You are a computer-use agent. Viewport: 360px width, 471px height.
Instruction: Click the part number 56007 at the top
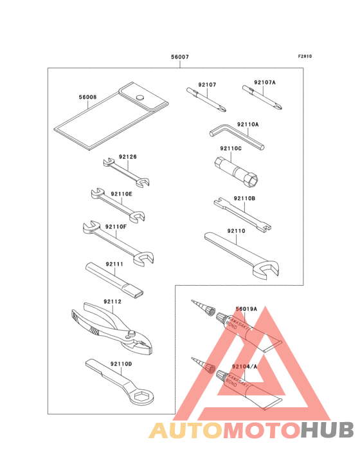[180, 57]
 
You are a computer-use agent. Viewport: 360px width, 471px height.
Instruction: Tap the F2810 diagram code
[305, 56]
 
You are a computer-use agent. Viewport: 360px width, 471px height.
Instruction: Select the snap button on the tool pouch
[139, 97]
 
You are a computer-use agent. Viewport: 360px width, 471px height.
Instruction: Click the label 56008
[88, 97]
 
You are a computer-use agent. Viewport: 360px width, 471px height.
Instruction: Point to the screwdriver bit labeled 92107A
[262, 97]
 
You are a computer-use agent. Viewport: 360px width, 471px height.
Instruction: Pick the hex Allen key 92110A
[237, 136]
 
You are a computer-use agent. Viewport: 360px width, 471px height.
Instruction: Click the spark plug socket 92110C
[237, 172]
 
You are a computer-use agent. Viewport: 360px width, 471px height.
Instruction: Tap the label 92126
[128, 156]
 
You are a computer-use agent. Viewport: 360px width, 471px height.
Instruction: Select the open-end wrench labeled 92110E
[118, 205]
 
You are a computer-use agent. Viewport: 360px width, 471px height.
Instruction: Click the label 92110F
[116, 226]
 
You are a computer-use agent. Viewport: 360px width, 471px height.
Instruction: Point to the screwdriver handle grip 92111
[114, 279]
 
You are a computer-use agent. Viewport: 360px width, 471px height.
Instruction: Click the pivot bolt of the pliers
[130, 333]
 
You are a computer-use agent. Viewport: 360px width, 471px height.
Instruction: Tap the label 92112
[113, 301]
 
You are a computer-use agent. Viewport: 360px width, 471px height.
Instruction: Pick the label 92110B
[244, 198]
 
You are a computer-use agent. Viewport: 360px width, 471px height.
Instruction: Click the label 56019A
[247, 309]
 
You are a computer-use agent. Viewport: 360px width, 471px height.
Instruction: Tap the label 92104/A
[244, 366]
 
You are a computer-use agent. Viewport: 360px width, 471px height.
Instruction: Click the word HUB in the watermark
[327, 430]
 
